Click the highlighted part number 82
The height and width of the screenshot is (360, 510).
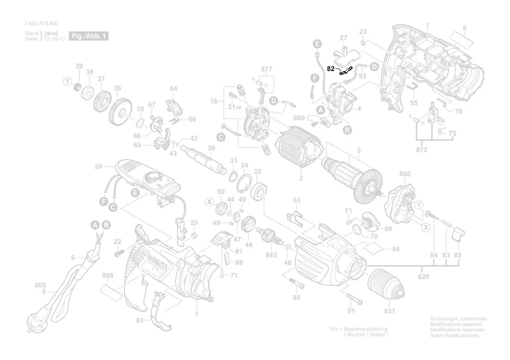331,69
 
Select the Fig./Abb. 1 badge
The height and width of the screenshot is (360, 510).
88,36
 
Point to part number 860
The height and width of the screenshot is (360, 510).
405,174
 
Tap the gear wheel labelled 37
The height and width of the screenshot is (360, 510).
101,101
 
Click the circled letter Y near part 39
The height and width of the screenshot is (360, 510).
67,82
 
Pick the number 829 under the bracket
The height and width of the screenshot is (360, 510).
423,277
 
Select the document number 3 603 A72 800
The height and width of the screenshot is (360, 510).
41,24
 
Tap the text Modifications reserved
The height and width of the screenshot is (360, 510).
456,325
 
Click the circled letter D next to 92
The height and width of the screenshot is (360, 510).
374,66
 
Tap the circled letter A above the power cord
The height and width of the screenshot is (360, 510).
95,225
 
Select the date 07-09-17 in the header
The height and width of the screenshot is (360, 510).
55,39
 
